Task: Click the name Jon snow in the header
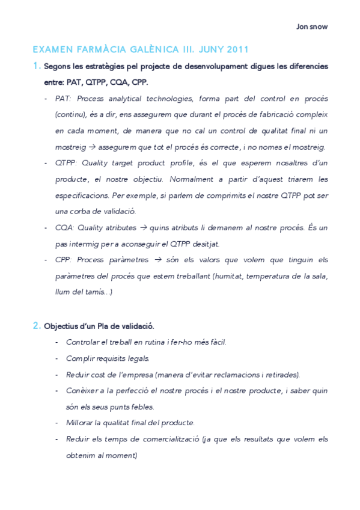click(x=313, y=26)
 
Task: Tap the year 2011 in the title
click(x=236, y=49)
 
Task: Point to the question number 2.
click(x=36, y=326)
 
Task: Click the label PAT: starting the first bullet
click(x=63, y=98)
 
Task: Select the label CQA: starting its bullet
click(x=64, y=228)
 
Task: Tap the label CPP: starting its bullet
click(x=64, y=260)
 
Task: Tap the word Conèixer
click(x=83, y=391)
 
